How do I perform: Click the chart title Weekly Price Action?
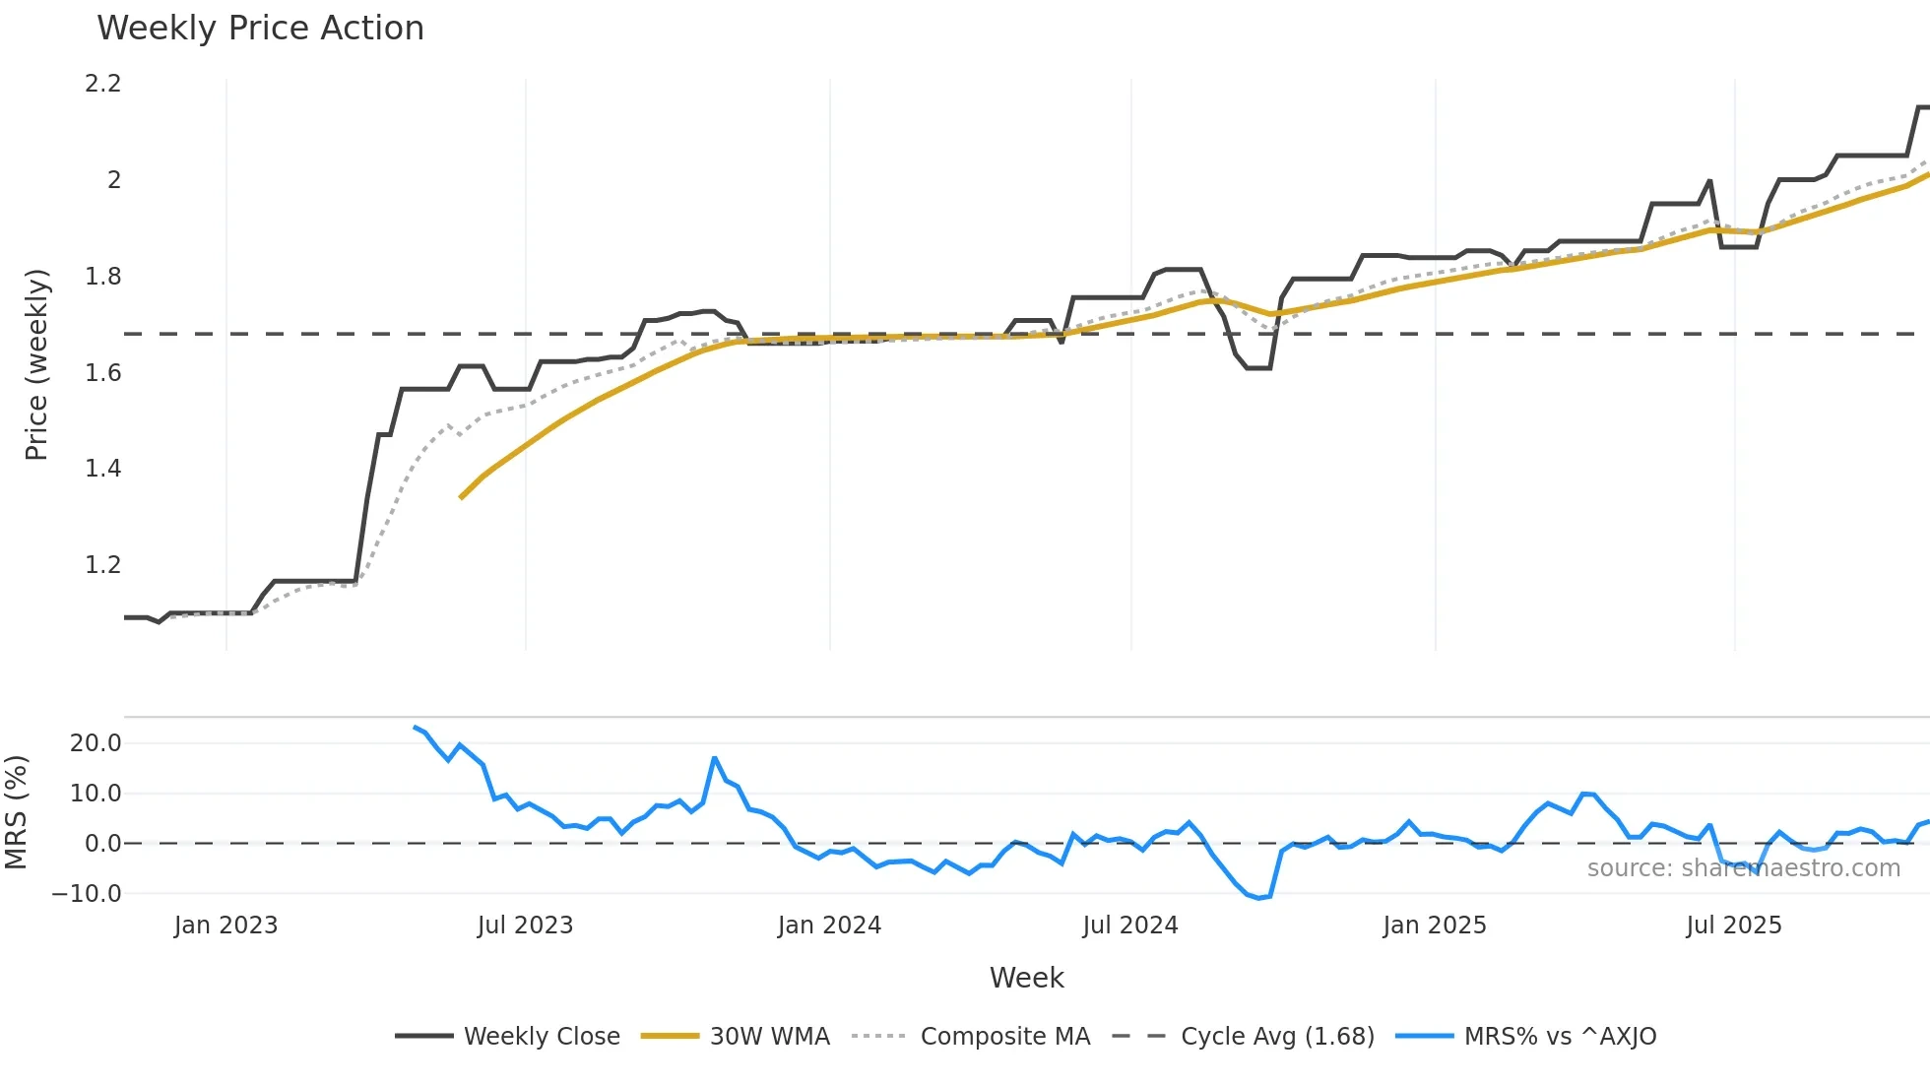tap(260, 29)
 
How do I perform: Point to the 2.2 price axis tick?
tap(103, 84)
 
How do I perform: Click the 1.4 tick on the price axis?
tap(103, 469)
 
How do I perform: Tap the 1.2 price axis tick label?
tap(103, 565)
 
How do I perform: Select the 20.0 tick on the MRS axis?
tap(96, 743)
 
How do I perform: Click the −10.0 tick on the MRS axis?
tap(88, 894)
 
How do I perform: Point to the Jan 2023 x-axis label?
tap(225, 925)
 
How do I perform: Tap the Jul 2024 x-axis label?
tap(1130, 925)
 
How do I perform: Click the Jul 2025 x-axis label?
tap(1734, 925)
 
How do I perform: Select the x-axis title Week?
tap(1026, 978)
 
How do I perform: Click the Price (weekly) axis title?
tap(36, 364)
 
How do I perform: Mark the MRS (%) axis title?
tap(16, 812)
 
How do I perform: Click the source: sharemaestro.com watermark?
tap(1743, 868)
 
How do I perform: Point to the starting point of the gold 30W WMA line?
tap(461, 498)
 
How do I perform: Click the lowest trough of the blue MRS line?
tap(1258, 898)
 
